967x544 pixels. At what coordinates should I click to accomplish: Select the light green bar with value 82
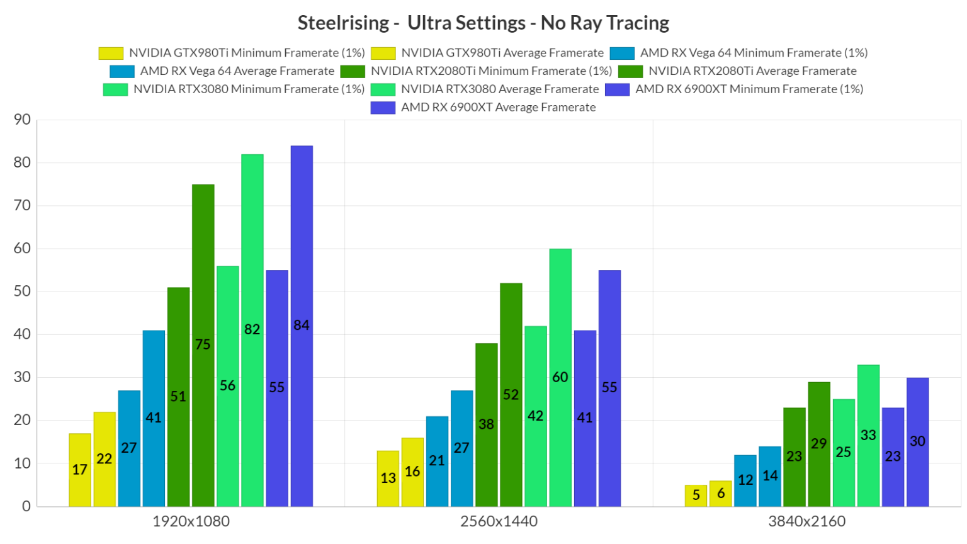point(252,330)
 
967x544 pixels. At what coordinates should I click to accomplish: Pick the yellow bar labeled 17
point(80,470)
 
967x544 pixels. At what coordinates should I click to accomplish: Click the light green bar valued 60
point(560,377)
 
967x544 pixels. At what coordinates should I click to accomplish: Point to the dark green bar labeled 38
point(486,424)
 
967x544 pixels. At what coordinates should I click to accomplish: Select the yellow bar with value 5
point(696,496)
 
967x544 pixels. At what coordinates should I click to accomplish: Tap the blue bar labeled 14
point(770,476)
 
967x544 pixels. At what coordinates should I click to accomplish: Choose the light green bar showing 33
point(868,435)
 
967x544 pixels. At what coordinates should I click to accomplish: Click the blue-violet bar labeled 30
point(917,441)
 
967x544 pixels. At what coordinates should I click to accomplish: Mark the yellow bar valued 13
point(388,478)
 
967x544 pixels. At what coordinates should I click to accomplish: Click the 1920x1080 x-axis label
point(191,521)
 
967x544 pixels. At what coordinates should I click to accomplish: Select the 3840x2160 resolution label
point(806,521)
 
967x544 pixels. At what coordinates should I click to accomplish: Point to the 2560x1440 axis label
point(499,521)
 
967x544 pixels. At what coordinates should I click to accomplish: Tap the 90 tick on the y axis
point(22,120)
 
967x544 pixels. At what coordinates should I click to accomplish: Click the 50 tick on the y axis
point(22,292)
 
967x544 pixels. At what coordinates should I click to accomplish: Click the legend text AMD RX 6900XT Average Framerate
point(498,107)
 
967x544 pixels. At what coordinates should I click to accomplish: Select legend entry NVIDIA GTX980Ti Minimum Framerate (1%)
point(247,53)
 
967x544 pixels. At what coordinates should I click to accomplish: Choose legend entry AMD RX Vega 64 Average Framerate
point(237,71)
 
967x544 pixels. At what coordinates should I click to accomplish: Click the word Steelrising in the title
point(343,23)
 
